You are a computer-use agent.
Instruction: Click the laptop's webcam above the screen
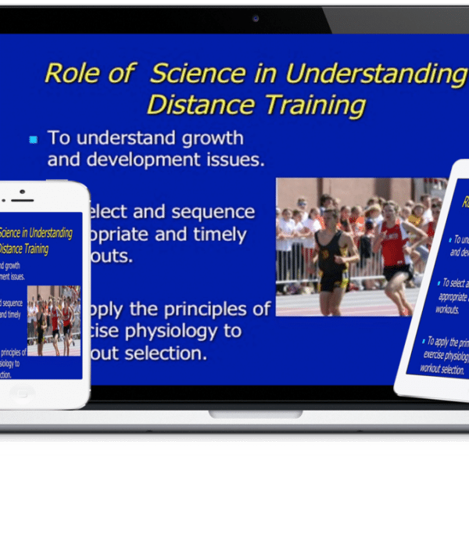(x=256, y=17)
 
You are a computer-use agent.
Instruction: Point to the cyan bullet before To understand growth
(x=33, y=140)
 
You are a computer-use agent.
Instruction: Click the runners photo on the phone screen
(x=54, y=320)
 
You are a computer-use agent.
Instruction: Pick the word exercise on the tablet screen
(x=439, y=354)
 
